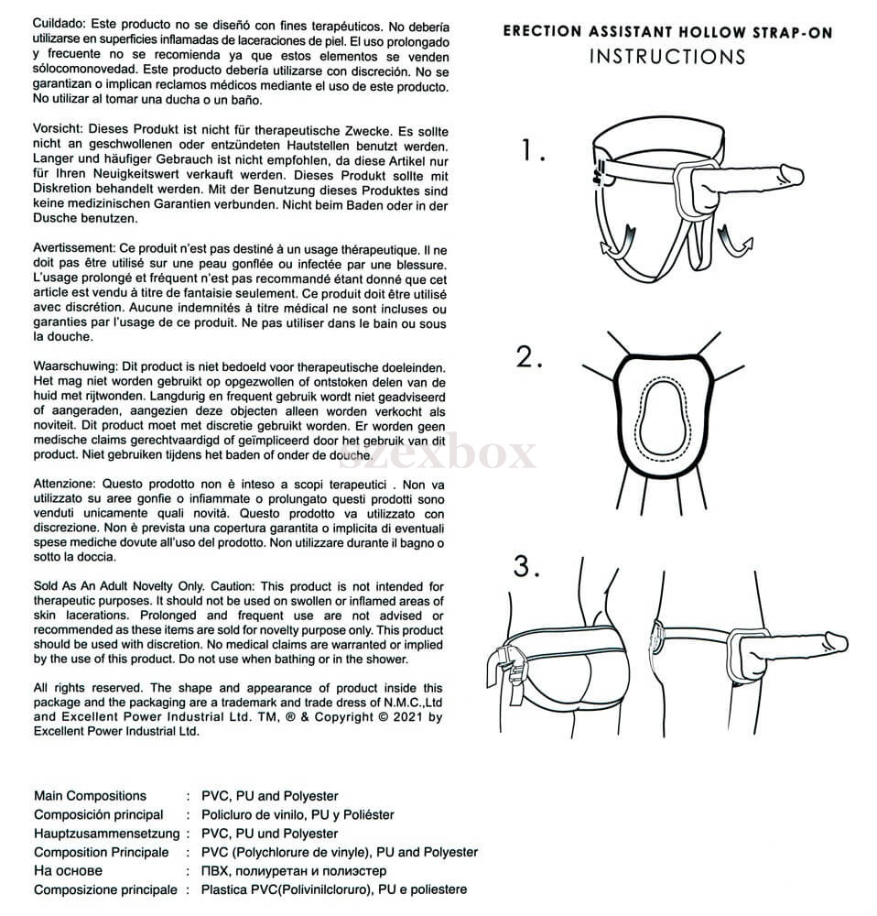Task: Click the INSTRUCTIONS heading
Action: tap(667, 56)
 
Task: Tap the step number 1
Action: tap(533, 151)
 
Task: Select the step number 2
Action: tap(529, 357)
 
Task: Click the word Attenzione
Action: tap(67, 485)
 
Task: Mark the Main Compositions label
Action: tap(90, 796)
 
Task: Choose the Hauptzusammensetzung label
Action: tap(106, 834)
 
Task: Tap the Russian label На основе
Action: tap(69, 871)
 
